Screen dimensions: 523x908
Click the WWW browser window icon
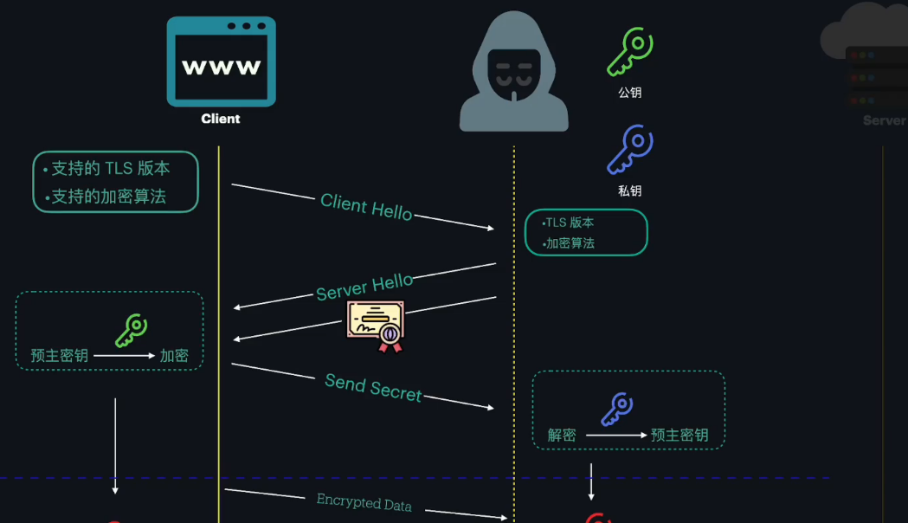[x=221, y=61]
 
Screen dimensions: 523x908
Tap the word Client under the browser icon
[x=221, y=119]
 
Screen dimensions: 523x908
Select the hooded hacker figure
[x=513, y=74]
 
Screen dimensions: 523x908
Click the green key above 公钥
[x=630, y=53]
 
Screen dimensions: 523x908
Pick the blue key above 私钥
[x=630, y=150]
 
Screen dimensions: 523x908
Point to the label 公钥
[x=630, y=93]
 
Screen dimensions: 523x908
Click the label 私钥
[x=630, y=190]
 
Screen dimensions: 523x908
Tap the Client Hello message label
[x=366, y=207]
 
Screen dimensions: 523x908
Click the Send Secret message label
[x=373, y=387]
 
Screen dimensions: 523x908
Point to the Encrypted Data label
[x=364, y=501]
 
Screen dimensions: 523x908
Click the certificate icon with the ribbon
[x=377, y=326]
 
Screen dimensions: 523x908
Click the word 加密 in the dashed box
[x=174, y=355]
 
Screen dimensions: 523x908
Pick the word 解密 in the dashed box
[x=562, y=435]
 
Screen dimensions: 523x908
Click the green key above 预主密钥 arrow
[x=132, y=330]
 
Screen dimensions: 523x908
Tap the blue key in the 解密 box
[x=618, y=409]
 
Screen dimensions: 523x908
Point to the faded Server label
[x=884, y=120]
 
